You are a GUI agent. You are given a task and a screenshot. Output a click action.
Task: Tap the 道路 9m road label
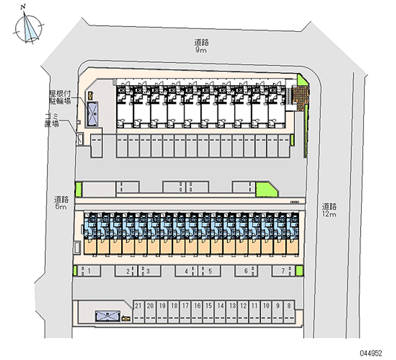coord(200,46)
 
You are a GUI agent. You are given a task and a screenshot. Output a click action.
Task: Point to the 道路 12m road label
coord(330,210)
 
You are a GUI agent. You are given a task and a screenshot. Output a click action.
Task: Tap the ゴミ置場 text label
coord(52,120)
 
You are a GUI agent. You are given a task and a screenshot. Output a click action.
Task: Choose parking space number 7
coord(283,271)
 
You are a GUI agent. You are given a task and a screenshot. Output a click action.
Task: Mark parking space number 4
coord(186,271)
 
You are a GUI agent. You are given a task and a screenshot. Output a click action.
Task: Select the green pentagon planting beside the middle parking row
coord(265,189)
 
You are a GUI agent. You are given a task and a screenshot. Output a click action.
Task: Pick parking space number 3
coord(148,271)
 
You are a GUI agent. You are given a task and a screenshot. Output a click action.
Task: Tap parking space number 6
coord(246,271)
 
